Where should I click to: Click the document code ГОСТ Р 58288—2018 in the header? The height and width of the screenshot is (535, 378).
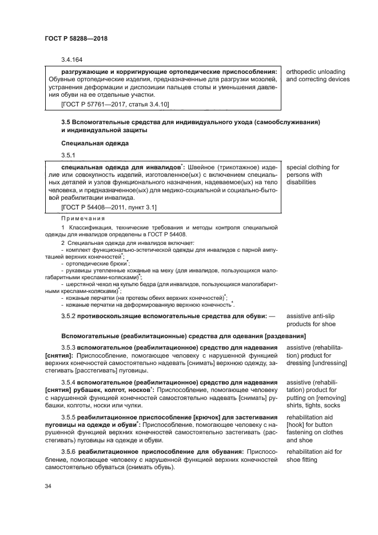point(76,38)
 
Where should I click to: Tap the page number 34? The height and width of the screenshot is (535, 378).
point(48,486)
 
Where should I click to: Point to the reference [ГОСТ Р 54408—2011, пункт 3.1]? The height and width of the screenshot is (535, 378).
point(109,207)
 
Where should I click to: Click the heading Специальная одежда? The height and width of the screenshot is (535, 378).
point(94,142)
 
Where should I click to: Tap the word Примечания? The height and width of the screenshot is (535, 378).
point(82,218)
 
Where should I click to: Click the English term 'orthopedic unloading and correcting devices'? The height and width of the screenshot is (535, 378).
point(315,76)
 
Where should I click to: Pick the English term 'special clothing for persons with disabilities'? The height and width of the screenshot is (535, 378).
point(312,175)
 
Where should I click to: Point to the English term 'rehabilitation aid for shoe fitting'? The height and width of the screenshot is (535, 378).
point(313,455)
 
